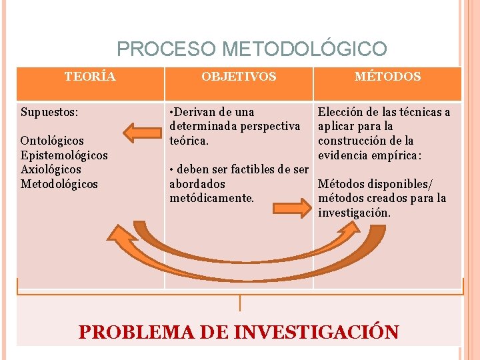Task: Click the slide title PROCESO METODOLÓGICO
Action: pyautogui.click(x=251, y=49)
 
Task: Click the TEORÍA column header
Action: pyautogui.click(x=90, y=76)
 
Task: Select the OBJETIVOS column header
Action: pyautogui.click(x=239, y=77)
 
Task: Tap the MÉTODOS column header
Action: pyautogui.click(x=387, y=77)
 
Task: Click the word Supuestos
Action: pyautogui.click(x=50, y=112)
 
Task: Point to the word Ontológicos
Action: pyautogui.click(x=52, y=141)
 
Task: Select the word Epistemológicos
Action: pyautogui.click(x=64, y=155)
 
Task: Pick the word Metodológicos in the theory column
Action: pyautogui.click(x=59, y=183)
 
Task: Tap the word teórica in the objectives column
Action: pyautogui.click(x=189, y=141)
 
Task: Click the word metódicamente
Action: pyautogui.click(x=213, y=198)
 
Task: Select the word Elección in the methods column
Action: pyautogui.click(x=340, y=112)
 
